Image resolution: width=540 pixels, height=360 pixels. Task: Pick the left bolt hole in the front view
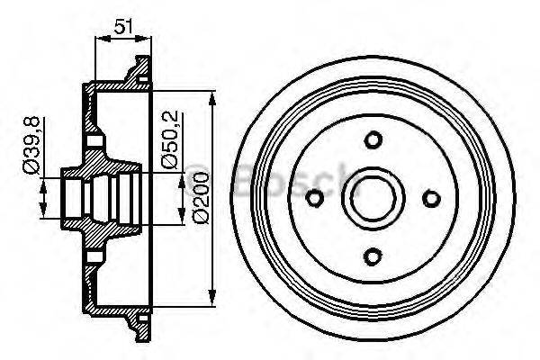[314, 199]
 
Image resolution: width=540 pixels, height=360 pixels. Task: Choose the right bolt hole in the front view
[432, 199]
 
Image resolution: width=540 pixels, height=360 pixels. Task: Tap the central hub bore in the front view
[373, 199]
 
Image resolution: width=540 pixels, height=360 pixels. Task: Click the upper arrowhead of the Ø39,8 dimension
[43, 174]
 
